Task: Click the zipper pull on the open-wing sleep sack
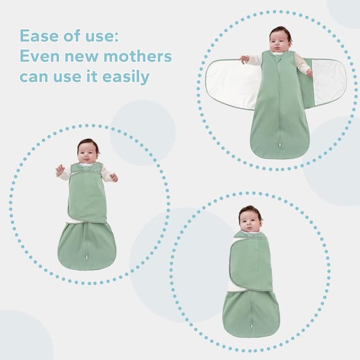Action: [x=279, y=146]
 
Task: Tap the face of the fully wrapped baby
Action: [x=250, y=220]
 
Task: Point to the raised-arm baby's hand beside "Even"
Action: [x=60, y=169]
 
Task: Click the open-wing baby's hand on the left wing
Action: [x=244, y=58]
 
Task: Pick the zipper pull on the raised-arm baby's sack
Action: [x=87, y=257]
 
